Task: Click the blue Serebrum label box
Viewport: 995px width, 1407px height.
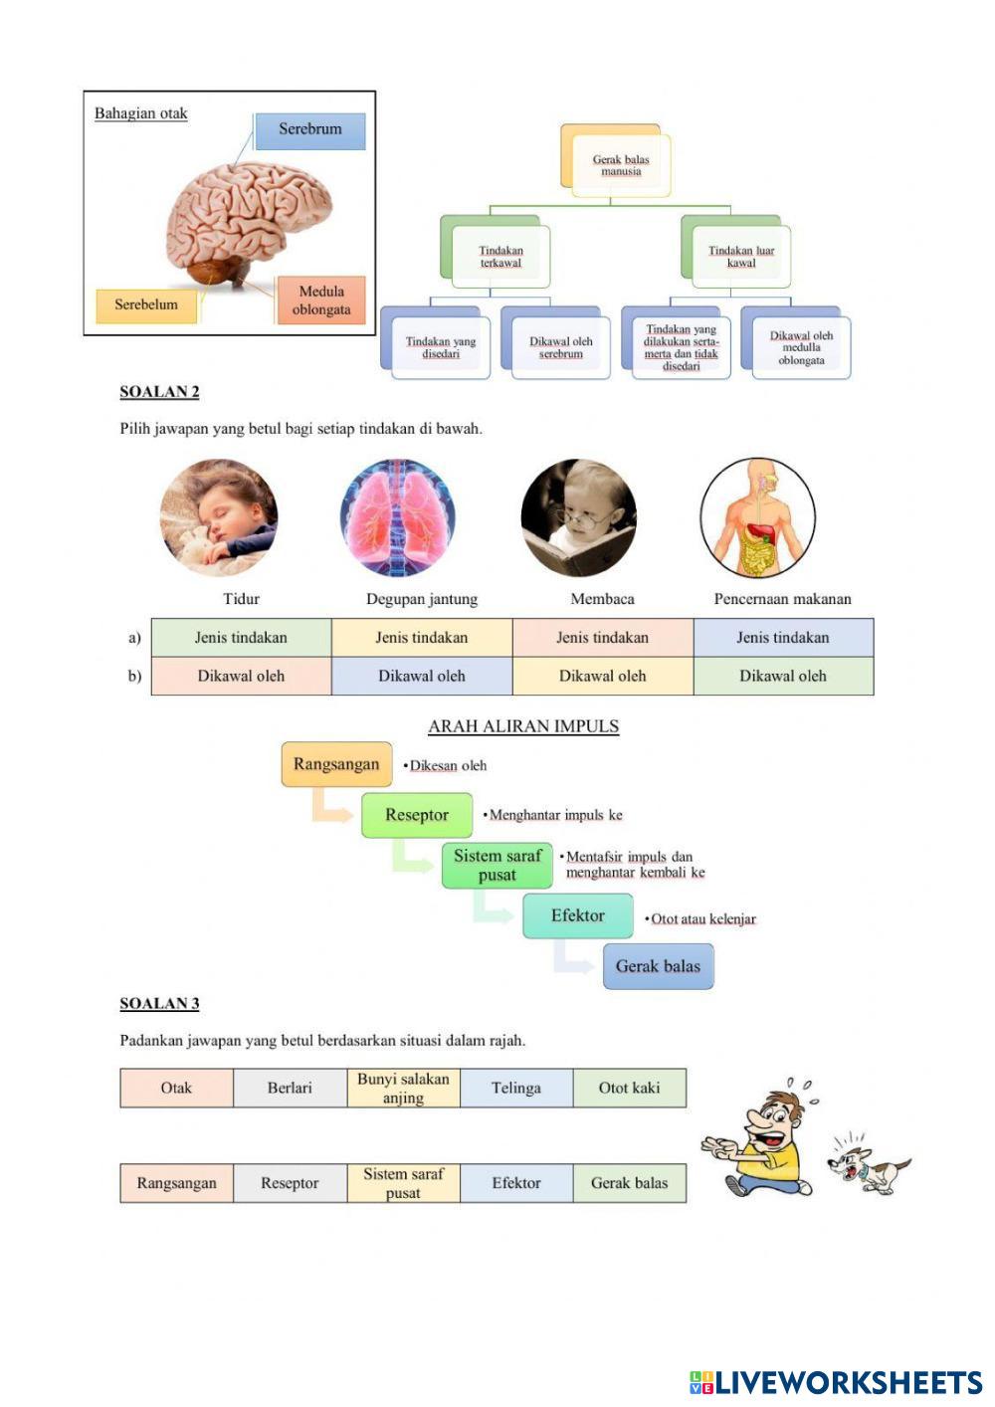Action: coord(309,130)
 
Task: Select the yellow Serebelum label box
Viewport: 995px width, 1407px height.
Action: coord(146,305)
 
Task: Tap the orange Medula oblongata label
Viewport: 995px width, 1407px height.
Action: coord(320,301)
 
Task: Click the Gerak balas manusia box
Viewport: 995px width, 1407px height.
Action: coord(620,165)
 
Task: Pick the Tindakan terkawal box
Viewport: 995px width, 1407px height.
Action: coord(500,257)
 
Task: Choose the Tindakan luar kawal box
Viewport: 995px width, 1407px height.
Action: coord(740,257)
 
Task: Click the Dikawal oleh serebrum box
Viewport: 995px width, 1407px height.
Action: coord(560,347)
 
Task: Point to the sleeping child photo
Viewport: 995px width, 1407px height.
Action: coord(219,517)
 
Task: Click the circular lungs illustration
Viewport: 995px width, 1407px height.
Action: coord(398,517)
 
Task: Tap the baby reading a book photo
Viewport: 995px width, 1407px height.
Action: coord(578,517)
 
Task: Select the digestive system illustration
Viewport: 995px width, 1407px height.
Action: coord(758,517)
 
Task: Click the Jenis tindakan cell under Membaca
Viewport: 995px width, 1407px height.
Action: coord(602,638)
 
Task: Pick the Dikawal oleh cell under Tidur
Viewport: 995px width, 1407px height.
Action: coord(241,677)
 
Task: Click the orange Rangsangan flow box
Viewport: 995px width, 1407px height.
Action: coord(336,764)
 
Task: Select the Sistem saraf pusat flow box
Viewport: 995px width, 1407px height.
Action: coord(497,866)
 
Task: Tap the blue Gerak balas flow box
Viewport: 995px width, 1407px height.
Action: coord(658,966)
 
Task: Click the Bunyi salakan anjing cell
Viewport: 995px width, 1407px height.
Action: coord(403,1089)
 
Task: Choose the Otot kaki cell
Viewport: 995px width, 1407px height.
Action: coord(629,1089)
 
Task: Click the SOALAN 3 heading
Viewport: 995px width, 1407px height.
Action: coord(159,1004)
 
